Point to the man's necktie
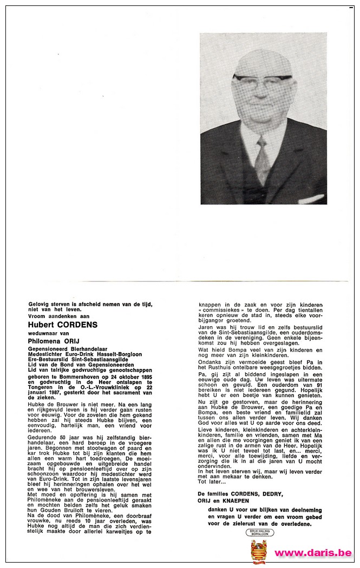263,160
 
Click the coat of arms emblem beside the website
259,551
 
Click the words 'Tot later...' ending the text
209,481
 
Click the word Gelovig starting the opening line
40,304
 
